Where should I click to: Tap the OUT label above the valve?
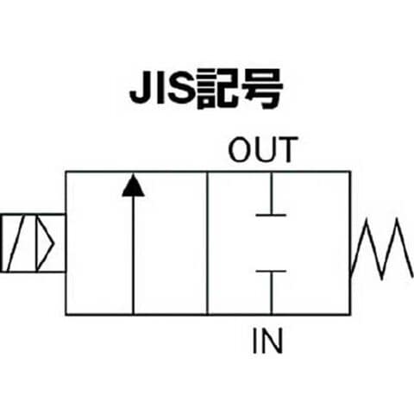(263, 149)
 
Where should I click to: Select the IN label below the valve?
(267, 341)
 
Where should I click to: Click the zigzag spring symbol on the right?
(382, 248)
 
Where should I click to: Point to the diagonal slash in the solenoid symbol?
(16, 243)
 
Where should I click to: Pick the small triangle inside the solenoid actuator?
(45, 243)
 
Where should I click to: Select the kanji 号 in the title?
(261, 89)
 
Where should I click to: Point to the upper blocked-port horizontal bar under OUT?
(271, 215)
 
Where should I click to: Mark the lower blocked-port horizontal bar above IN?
(271, 271)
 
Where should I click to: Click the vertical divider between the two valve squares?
(207, 243)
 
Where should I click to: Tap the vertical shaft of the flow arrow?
(133, 255)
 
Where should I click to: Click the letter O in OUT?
(240, 149)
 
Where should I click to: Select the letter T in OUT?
(287, 149)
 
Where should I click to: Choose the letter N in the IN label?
(273, 341)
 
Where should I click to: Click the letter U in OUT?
(264, 150)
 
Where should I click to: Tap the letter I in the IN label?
(254, 341)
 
